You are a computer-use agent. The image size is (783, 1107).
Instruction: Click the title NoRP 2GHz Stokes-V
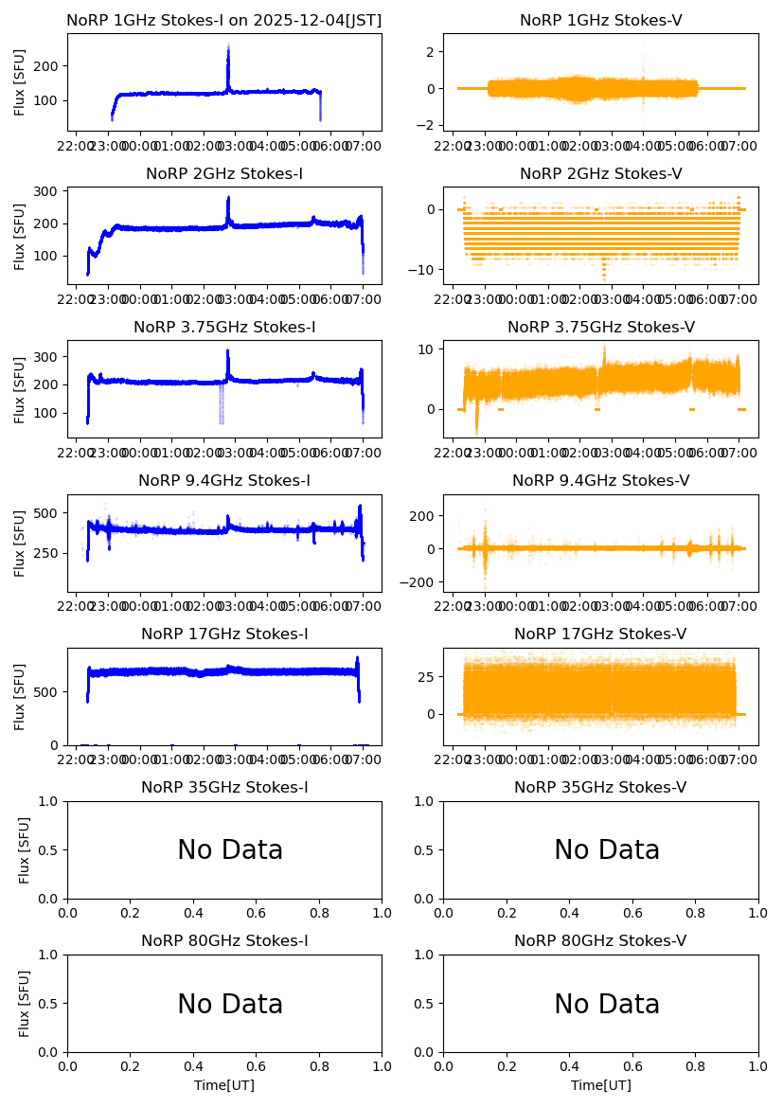(600, 174)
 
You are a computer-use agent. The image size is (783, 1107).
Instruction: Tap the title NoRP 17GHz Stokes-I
(224, 634)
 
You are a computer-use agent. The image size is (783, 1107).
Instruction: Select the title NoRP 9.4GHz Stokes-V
(600, 481)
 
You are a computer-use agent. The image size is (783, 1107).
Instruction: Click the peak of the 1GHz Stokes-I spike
(228, 45)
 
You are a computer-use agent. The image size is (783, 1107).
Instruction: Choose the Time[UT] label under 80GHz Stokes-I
(224, 1085)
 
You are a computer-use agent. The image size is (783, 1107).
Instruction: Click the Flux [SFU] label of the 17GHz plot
(20, 697)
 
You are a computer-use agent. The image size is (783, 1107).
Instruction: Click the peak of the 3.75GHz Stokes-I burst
(228, 351)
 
